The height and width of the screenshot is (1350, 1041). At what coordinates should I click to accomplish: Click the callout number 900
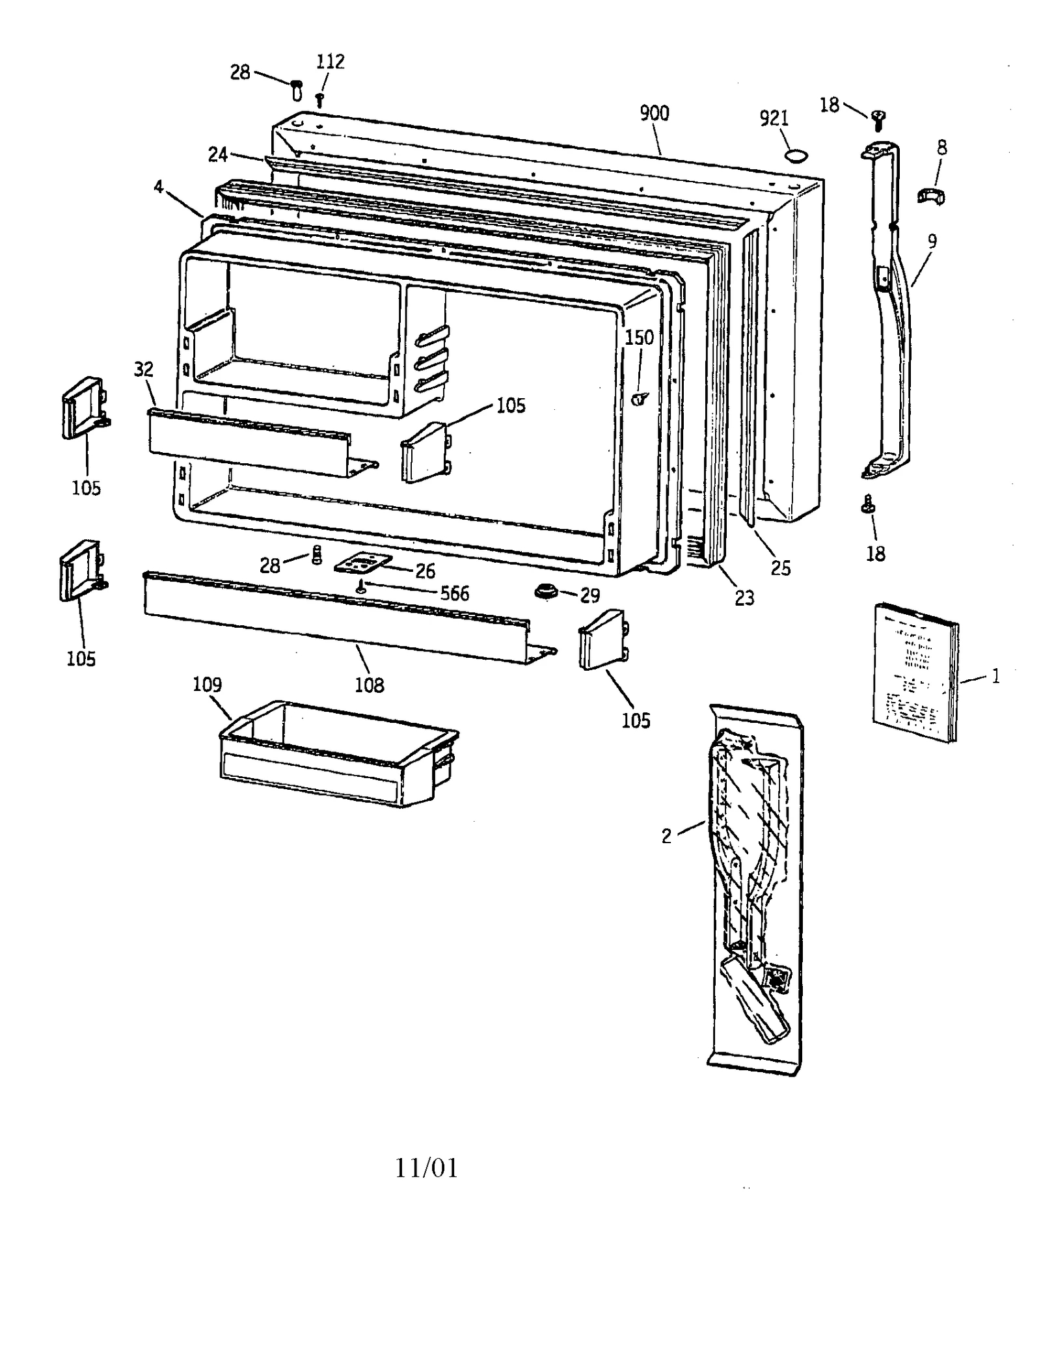pyautogui.click(x=654, y=114)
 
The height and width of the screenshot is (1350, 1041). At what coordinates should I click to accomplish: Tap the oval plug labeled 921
pyautogui.click(x=796, y=154)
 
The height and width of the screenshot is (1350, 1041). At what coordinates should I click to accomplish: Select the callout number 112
pyautogui.click(x=331, y=62)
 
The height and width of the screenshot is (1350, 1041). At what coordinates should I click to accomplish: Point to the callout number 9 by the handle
pyautogui.click(x=932, y=241)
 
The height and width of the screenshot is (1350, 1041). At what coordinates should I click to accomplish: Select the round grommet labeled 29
pyautogui.click(x=545, y=591)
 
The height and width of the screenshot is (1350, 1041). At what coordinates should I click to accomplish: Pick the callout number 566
pyautogui.click(x=455, y=593)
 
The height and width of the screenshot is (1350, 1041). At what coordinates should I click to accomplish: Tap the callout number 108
pyautogui.click(x=369, y=685)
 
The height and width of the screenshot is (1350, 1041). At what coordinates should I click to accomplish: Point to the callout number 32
pyautogui.click(x=144, y=370)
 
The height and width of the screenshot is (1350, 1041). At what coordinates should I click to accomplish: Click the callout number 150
pyautogui.click(x=639, y=338)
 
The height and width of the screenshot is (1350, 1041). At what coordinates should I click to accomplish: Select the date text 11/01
pyautogui.click(x=426, y=1168)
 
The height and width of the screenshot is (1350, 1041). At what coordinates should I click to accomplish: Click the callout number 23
pyautogui.click(x=744, y=598)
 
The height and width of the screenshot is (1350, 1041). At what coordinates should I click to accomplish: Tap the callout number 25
pyautogui.click(x=781, y=569)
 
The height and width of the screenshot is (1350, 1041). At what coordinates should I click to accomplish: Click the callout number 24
pyautogui.click(x=217, y=155)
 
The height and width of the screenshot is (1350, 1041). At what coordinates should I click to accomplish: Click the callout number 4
pyautogui.click(x=158, y=187)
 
